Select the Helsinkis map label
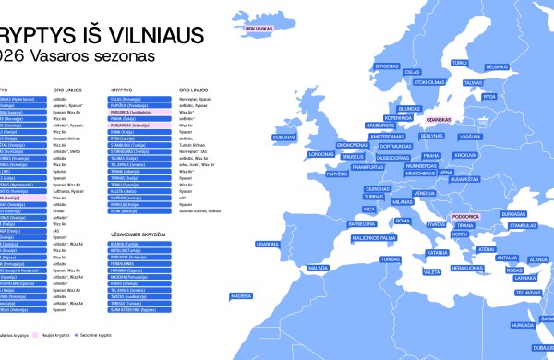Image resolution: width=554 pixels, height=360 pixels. tap(497, 66)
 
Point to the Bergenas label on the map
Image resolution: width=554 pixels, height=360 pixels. tap(387, 66)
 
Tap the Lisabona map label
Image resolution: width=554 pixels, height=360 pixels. tap(267, 245)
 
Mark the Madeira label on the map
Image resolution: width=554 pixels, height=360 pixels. tap(241, 296)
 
